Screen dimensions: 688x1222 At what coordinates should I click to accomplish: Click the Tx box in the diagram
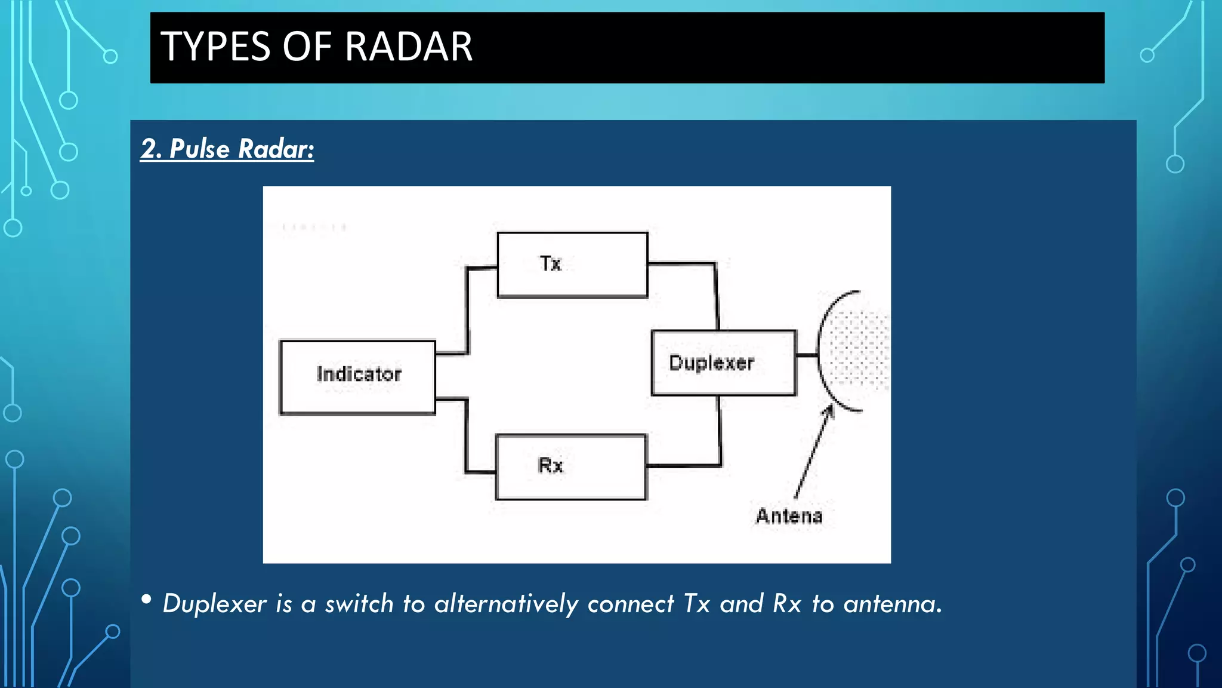pos(572,265)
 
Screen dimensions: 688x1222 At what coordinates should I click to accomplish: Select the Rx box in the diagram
pos(570,466)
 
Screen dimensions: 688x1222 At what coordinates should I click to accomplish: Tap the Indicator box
pos(358,377)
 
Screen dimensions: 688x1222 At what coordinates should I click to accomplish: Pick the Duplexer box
pos(724,363)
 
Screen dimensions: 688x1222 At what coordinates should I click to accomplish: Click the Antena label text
pos(789,516)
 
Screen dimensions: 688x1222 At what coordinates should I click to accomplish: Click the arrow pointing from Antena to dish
pos(813,451)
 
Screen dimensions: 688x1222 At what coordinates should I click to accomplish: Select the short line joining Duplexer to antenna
pos(807,355)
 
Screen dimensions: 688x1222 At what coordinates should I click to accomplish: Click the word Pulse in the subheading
pos(199,149)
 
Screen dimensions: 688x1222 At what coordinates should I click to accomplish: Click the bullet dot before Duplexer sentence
pos(146,599)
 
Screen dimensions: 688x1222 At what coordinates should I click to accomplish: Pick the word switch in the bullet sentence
pos(359,604)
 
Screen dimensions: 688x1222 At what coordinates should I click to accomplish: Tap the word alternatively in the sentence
pos(506,604)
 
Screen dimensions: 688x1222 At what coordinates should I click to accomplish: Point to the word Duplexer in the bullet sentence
pos(214,604)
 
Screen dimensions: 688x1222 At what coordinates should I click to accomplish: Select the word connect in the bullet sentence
pos(631,604)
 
